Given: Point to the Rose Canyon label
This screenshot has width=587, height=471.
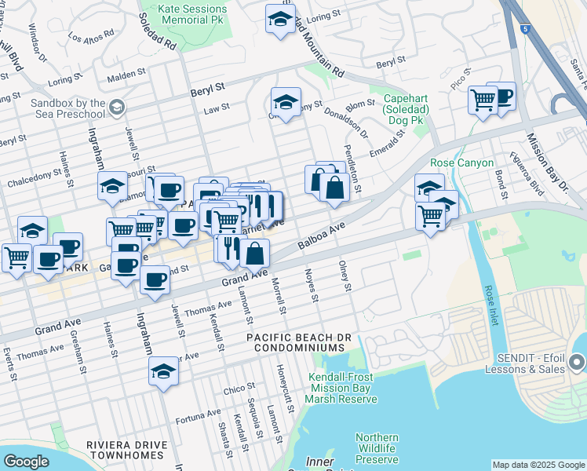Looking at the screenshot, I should click(462, 163).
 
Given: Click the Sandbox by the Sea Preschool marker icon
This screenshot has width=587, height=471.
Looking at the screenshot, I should click(116, 106).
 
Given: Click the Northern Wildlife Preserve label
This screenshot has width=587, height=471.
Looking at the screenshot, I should click(377, 448).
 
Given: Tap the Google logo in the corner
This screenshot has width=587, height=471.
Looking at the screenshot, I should click(26, 462).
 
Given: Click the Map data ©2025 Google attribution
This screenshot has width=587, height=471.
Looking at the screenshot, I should click(538, 465).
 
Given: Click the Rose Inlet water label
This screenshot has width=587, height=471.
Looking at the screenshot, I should click(491, 305).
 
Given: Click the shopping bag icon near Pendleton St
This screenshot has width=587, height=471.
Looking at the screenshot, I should click(334, 188).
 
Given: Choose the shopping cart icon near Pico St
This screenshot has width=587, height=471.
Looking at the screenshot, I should click(482, 99).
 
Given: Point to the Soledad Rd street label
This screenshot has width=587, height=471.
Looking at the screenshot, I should click(159, 30).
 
